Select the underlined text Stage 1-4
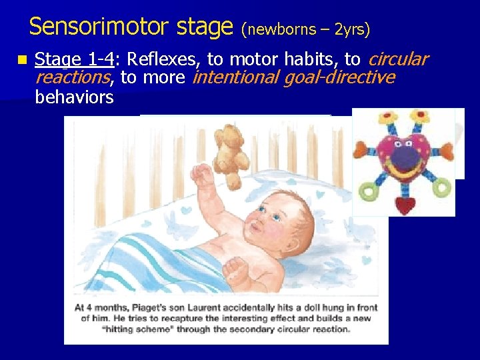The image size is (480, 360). click(73, 60)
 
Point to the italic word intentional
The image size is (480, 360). click(235, 78)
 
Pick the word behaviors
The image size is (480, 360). click(74, 97)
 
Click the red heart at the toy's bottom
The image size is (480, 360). click(405, 203)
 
